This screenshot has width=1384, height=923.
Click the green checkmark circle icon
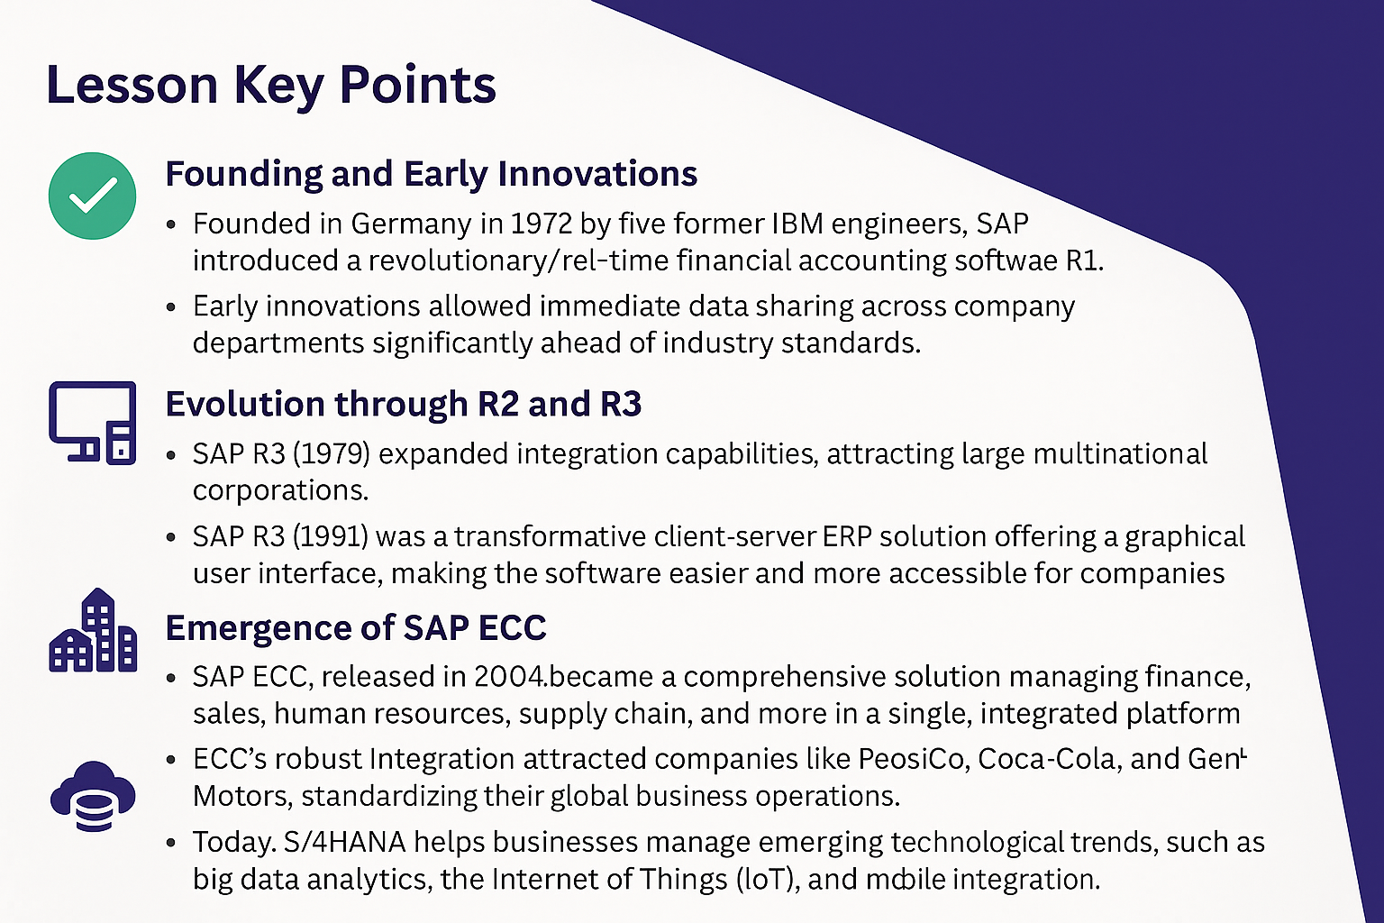click(92, 196)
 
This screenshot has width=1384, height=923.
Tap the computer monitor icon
click(92, 423)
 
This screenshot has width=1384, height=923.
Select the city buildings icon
click(93, 630)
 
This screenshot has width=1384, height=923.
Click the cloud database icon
click(93, 796)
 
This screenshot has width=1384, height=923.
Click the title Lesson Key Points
click(270, 85)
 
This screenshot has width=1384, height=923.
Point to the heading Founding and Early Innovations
click(432, 174)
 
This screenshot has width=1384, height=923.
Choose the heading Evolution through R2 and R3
click(404, 405)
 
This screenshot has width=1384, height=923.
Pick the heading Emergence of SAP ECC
click(356, 628)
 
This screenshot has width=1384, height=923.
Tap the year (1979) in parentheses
click(331, 453)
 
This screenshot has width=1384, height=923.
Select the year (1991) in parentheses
click(330, 536)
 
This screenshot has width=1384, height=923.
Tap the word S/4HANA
click(345, 842)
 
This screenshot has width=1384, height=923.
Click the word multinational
click(1120, 453)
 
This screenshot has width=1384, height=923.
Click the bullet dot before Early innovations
click(171, 307)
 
